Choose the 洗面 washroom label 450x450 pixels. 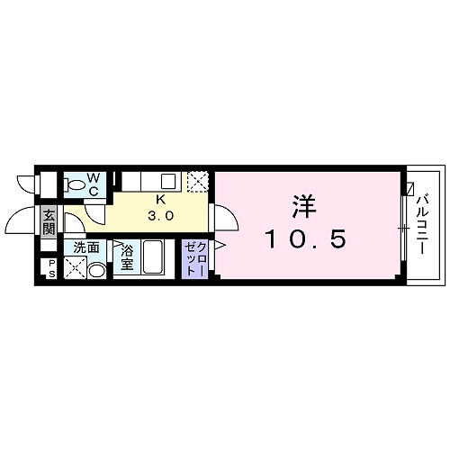point(86,247)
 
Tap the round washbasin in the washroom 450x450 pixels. point(97,268)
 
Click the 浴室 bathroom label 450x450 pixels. point(127,257)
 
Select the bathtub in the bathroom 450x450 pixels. point(151,259)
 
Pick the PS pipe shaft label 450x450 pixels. point(50,268)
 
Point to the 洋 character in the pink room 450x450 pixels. point(301,205)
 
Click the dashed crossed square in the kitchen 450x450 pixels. point(198,180)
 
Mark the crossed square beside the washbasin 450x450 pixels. point(76,267)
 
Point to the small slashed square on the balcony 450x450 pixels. point(410,190)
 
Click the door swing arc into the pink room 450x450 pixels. point(226,218)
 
